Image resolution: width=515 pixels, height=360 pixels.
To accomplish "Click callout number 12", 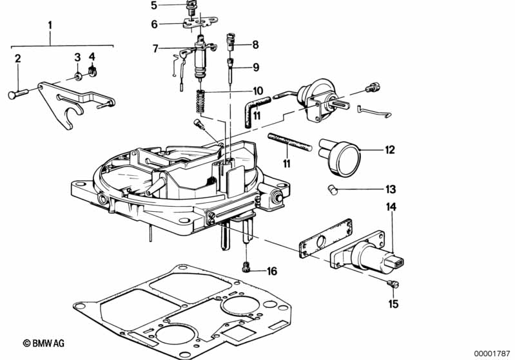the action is [389, 150].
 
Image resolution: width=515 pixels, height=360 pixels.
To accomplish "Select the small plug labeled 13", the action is [333, 190].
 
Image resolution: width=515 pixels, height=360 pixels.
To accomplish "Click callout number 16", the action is [272, 271].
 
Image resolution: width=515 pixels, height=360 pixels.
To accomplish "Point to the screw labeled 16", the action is [246, 267].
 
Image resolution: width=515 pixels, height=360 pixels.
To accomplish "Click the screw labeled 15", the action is [393, 284].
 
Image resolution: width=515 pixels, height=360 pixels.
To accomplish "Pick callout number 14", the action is [391, 207].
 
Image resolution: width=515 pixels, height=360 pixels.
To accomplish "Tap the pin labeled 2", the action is [18, 94].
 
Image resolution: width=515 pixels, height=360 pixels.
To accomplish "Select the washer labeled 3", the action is [78, 77].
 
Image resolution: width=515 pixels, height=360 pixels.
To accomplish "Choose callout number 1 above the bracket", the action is [50, 25].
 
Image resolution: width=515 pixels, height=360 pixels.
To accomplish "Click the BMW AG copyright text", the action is [44, 343].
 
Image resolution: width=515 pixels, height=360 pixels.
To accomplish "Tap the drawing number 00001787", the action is [492, 354].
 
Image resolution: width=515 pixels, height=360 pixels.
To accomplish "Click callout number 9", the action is [256, 67].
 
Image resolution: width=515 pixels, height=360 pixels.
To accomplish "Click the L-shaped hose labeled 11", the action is [255, 108].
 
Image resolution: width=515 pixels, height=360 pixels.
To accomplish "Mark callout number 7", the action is [155, 48].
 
